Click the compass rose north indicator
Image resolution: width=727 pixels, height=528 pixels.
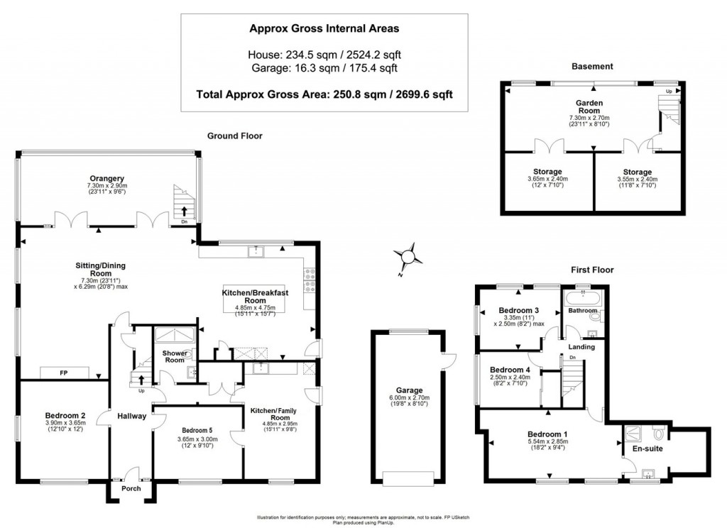[x=408, y=257]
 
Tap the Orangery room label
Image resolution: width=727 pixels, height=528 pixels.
[x=107, y=178]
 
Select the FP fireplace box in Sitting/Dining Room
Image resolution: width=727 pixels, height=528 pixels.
[x=64, y=373]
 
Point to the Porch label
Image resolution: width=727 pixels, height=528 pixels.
[x=131, y=488]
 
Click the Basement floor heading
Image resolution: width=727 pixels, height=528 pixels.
[x=592, y=67]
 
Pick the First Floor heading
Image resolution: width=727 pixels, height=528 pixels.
[x=592, y=270]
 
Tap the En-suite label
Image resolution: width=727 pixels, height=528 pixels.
[x=645, y=449]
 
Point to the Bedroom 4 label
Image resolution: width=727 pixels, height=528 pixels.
[x=510, y=369]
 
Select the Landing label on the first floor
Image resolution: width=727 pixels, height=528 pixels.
[x=581, y=347]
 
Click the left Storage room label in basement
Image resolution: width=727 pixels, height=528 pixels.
[x=548, y=172]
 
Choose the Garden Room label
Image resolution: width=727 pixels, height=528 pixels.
[x=589, y=107]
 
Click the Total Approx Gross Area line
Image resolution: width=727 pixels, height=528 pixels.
[x=324, y=93]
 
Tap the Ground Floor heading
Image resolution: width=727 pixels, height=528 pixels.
[x=235, y=136]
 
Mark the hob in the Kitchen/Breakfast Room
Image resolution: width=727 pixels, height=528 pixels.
[x=310, y=279]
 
